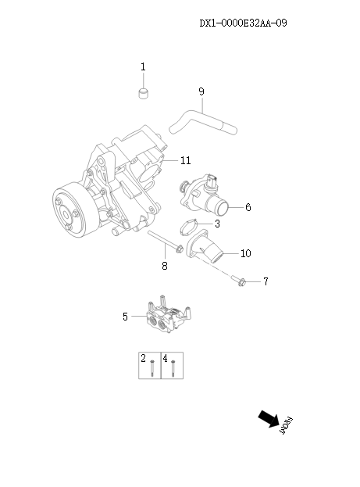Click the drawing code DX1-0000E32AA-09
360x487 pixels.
pos(243,23)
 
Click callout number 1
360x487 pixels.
pos(143,67)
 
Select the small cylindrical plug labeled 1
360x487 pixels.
pos(143,95)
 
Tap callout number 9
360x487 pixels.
pos(201,91)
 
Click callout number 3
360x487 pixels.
pos(217,224)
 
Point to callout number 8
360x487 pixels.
pos(164,267)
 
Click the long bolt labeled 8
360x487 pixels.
pos(164,242)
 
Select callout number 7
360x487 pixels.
pos(265,281)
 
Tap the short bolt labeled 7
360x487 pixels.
pos(238,279)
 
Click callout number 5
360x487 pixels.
pos(125,317)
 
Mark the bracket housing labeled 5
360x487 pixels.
pos(168,317)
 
